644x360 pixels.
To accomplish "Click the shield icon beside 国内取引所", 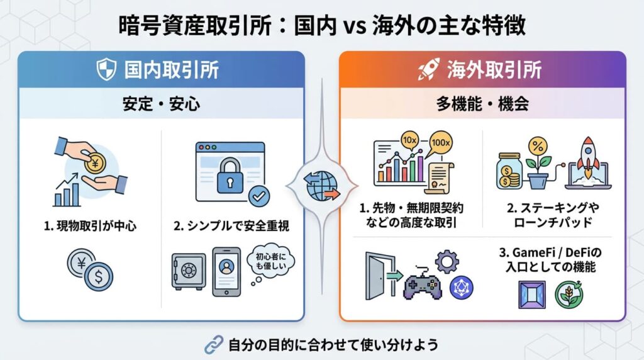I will (105, 69).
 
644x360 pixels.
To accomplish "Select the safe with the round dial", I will (189, 271).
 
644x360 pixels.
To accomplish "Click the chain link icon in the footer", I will (214, 344).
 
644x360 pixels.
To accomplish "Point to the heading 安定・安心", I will (161, 104).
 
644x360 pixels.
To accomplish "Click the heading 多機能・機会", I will (483, 104).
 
